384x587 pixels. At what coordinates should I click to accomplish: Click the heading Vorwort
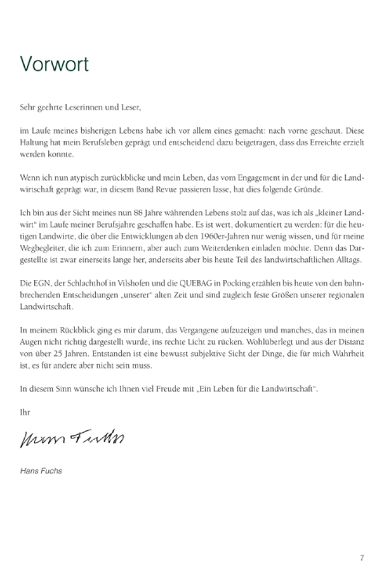[54, 64]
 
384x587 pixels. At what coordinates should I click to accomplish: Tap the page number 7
[362, 558]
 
